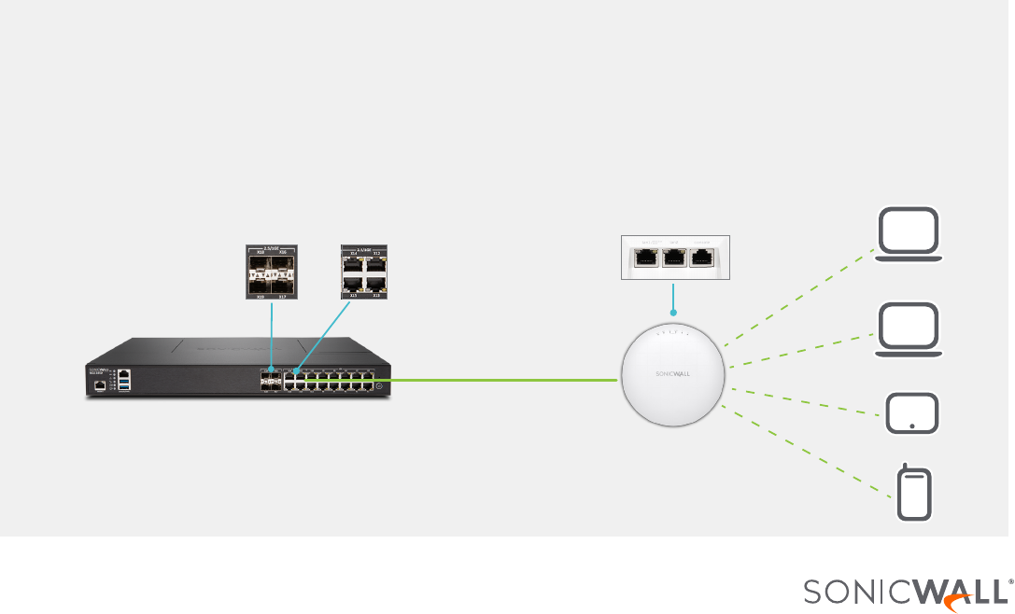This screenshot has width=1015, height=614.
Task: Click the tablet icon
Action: tap(910, 412)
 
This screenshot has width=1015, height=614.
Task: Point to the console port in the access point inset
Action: tap(702, 258)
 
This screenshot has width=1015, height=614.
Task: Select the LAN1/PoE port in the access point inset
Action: tap(644, 258)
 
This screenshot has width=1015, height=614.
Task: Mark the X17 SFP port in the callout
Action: tap(282, 284)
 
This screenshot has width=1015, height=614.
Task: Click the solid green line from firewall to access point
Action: tap(504, 380)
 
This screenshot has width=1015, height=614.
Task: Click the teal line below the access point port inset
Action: tap(673, 298)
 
